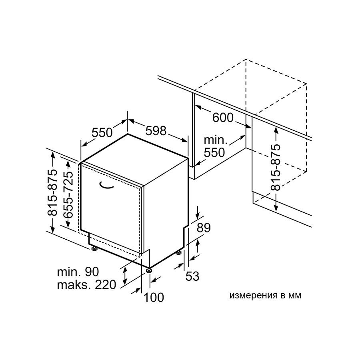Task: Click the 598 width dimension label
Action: pos(156,131)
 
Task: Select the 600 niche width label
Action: pos(223,118)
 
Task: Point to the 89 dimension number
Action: pos(204,228)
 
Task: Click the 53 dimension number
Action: pos(192,276)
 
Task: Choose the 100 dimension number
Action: pos(154,297)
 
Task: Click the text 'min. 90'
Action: pos(78,272)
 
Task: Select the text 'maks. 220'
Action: pos(86,285)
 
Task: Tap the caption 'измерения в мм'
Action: pos(265,296)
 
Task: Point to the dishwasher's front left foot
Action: pos(94,248)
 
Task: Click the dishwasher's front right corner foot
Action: pos(149,270)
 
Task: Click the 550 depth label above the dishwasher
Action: pos(102,132)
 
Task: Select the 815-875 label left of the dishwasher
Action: pos(52,192)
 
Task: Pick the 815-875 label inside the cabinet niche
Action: pos(276,168)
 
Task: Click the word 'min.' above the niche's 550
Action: pos(216,140)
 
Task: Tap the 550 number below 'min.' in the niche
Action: pos(214,152)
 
